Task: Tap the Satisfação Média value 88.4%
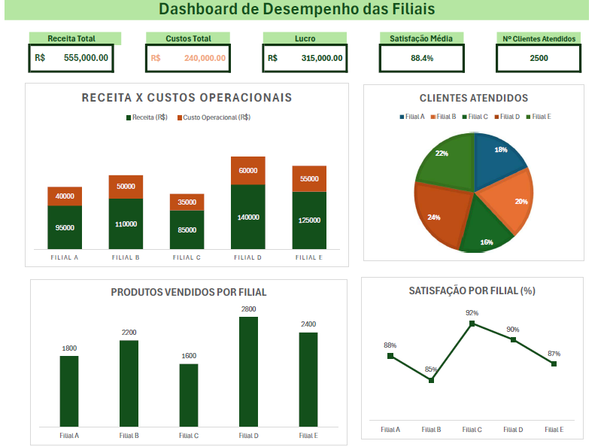tap(421, 58)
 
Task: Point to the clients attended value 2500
tap(539, 58)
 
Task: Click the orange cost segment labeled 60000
tap(248, 171)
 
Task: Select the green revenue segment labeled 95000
tap(65, 227)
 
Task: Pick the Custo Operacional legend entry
tap(214, 117)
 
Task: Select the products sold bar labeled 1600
tap(189, 395)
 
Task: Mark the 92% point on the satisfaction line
tap(472, 324)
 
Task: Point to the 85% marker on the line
tap(431, 380)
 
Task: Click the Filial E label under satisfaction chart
tap(554, 430)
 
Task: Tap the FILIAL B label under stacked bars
tap(126, 257)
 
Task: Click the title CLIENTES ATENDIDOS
tap(473, 98)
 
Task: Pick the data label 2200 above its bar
tap(129, 333)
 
